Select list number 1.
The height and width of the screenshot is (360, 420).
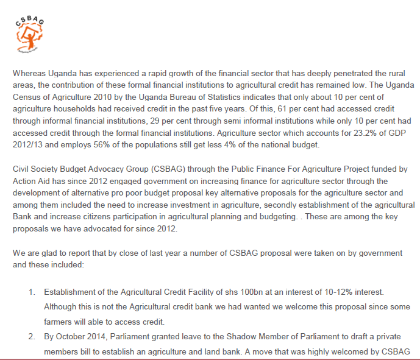(31, 294)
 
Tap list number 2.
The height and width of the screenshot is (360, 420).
(31, 337)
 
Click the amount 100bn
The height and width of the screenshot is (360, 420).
(235, 294)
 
